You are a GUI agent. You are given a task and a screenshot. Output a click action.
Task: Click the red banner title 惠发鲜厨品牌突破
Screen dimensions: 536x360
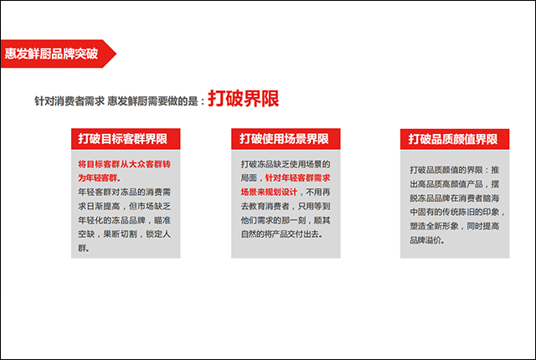pyautogui.click(x=51, y=54)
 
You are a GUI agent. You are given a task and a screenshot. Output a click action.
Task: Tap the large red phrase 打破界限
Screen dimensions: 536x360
pyautogui.click(x=244, y=99)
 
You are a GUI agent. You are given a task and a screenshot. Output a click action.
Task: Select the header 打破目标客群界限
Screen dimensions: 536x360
pyautogui.click(x=123, y=139)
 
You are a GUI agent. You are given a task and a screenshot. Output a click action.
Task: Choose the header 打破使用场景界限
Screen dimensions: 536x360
pyautogui.click(x=284, y=139)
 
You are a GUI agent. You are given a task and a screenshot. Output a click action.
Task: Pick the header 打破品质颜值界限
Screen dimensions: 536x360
pyautogui.click(x=453, y=139)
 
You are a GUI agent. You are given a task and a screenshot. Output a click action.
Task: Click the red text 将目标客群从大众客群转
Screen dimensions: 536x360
pyautogui.click(x=125, y=164)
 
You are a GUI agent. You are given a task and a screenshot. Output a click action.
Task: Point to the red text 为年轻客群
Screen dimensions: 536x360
pyautogui.click(x=99, y=178)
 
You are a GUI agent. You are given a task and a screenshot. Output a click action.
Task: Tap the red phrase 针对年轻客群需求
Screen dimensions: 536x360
pyautogui.click(x=298, y=178)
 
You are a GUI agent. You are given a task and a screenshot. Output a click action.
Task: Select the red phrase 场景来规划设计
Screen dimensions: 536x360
pyautogui.click(x=269, y=193)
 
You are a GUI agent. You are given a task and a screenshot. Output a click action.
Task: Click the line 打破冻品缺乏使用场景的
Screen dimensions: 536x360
pyautogui.click(x=286, y=164)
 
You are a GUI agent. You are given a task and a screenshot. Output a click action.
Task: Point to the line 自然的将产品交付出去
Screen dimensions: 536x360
pyautogui.click(x=281, y=234)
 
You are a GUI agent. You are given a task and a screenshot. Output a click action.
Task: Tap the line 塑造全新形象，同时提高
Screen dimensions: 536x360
pyautogui.click(x=455, y=226)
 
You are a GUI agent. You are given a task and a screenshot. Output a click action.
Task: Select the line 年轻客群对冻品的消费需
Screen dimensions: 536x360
pyautogui.click(x=125, y=193)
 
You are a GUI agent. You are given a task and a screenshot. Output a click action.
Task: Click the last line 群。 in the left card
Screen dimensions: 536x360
pyautogui.click(x=84, y=249)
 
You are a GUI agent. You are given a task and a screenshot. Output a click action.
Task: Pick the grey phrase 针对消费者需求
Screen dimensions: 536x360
pyautogui.click(x=70, y=101)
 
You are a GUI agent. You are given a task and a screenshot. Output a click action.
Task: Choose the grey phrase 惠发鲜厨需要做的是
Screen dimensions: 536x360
pyautogui.click(x=152, y=101)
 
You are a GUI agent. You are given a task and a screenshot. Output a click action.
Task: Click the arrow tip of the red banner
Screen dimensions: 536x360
pyautogui.click(x=116, y=54)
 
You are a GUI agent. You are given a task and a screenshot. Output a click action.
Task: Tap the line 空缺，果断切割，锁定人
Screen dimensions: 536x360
pyautogui.click(x=125, y=234)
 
